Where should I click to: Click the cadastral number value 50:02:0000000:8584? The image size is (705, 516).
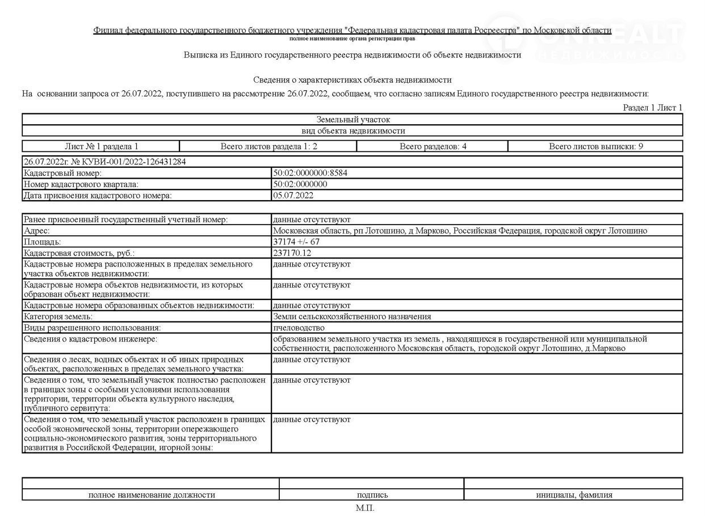[x=310, y=173]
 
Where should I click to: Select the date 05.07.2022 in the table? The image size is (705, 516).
[x=293, y=196]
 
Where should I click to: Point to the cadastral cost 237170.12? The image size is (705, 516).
[x=292, y=253]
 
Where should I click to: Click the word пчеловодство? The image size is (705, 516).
[x=299, y=328]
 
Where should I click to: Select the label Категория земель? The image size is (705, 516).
[x=58, y=316]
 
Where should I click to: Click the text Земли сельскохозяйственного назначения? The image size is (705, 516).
[x=352, y=316]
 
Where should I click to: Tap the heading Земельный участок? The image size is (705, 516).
[x=352, y=120]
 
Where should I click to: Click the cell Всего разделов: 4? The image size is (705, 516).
[x=433, y=146]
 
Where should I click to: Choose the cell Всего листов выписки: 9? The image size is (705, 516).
[x=595, y=146]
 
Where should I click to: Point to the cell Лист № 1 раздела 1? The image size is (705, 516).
[x=101, y=146]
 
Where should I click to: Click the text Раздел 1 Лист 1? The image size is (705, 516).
[x=652, y=107]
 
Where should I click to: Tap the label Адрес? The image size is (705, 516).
[x=37, y=231]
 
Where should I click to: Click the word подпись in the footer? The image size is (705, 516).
[x=372, y=495]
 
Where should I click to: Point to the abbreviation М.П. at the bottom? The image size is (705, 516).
[x=365, y=508]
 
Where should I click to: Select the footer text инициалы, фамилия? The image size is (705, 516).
[x=574, y=495]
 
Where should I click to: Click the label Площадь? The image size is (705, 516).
[x=42, y=242]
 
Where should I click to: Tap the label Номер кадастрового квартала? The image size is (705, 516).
[x=81, y=184]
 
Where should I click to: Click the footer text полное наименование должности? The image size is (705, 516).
[x=152, y=495]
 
